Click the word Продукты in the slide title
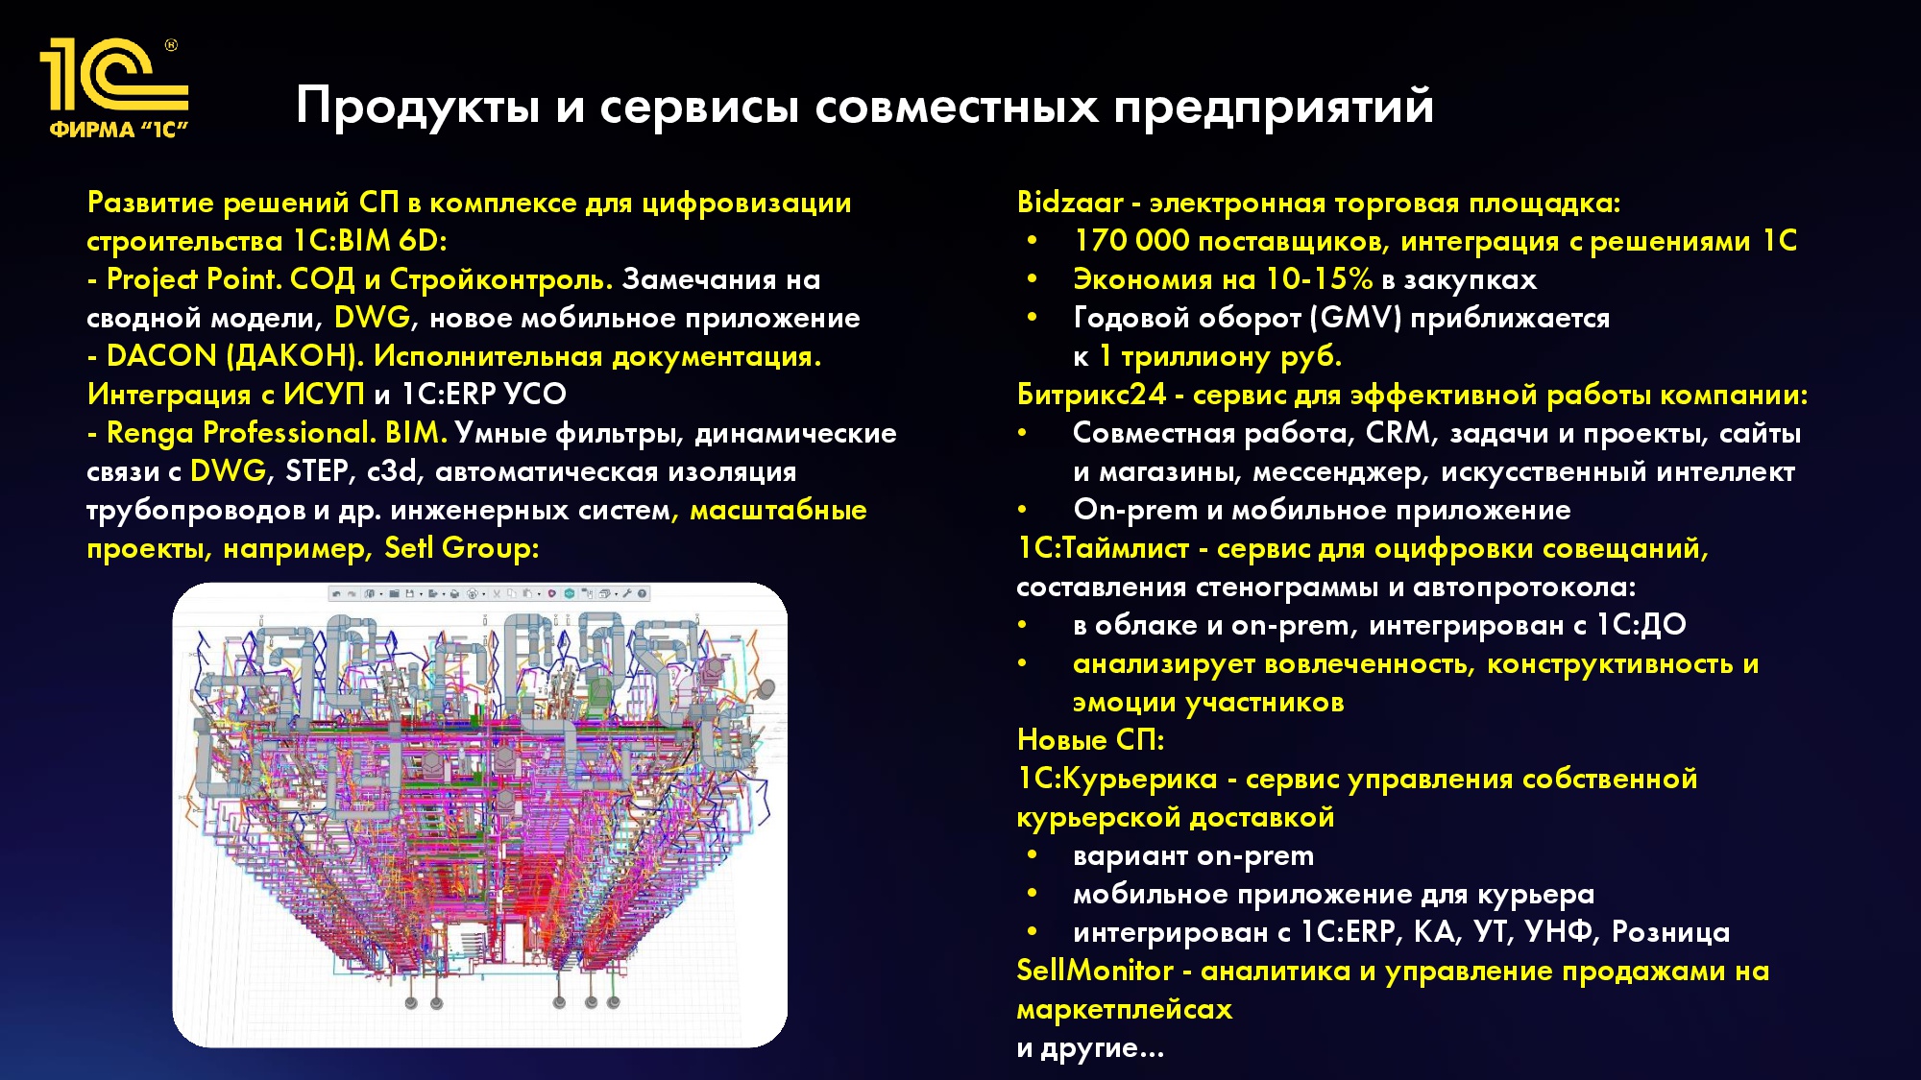[418, 106]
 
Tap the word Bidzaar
[1069, 203]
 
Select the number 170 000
[1131, 241]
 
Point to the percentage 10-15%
[1319, 279]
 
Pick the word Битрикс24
[1091, 395]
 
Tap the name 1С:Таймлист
[1103, 548]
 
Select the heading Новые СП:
[1090, 740]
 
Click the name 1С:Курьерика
[1116, 779]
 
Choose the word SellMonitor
[1095, 971]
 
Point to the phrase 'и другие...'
[1090, 1047]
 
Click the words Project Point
[194, 279]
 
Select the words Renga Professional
[240, 433]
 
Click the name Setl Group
[461, 548]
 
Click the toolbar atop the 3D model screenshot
[490, 593]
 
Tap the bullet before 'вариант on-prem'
[1032, 854]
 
